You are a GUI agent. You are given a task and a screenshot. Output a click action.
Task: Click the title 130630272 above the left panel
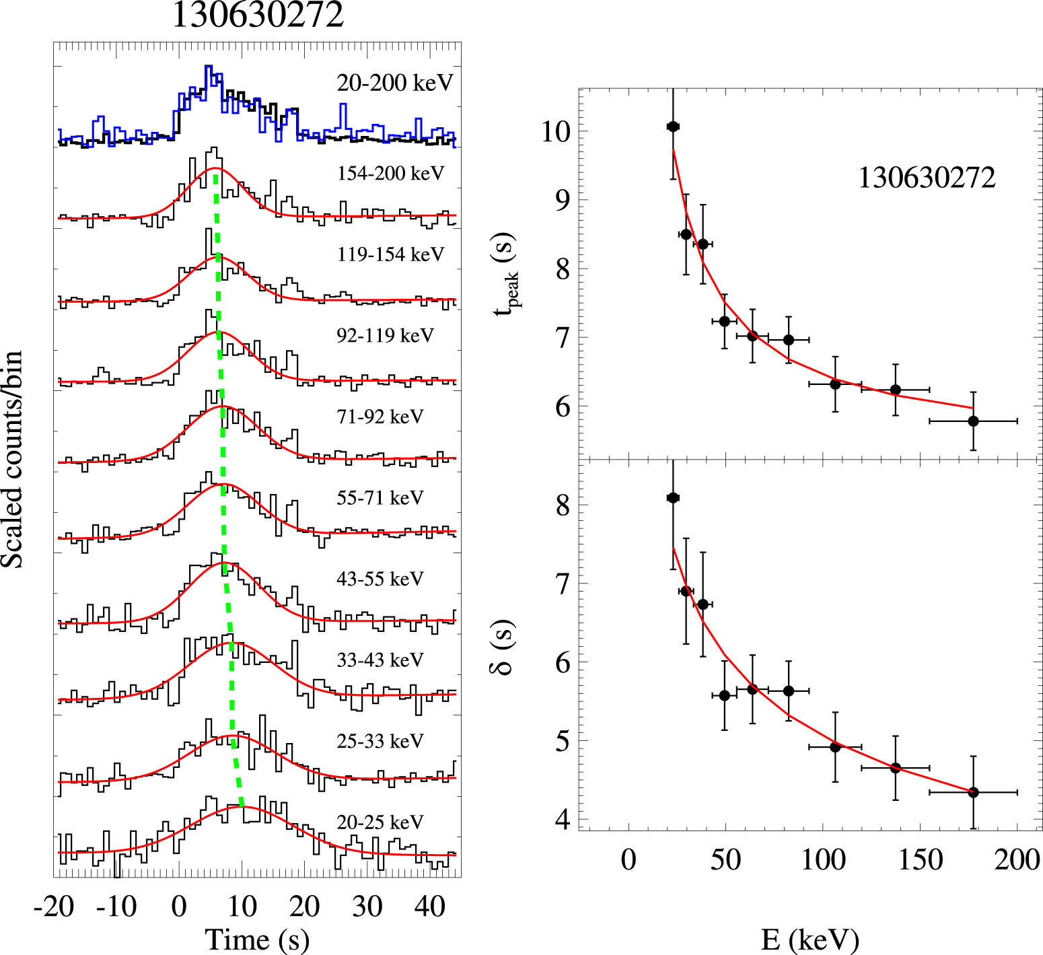tap(258, 15)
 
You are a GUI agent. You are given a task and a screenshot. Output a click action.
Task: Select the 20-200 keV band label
tap(395, 83)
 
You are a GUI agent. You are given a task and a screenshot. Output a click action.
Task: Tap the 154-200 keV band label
tap(391, 174)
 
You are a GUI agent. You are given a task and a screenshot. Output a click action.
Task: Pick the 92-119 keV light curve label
tap(386, 335)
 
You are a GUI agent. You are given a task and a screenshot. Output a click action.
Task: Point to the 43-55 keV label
tap(380, 579)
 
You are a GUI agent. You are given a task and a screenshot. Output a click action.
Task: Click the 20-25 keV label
tap(380, 822)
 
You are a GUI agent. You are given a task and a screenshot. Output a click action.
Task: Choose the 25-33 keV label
tap(380, 741)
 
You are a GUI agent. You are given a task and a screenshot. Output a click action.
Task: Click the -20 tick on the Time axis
tap(54, 907)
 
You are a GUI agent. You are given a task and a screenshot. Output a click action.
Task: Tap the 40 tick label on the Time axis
tap(430, 907)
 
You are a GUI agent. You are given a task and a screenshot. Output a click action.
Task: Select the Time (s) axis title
tap(257, 940)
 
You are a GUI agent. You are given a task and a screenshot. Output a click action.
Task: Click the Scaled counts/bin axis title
tap(12, 459)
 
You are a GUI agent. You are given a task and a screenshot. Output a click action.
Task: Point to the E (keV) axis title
tap(810, 940)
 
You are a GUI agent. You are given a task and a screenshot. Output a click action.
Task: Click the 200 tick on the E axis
tap(1017, 859)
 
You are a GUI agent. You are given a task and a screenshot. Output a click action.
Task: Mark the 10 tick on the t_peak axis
tap(556, 132)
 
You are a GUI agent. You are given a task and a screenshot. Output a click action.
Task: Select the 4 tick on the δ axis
tap(563, 820)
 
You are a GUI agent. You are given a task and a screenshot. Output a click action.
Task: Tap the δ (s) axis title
tap(502, 647)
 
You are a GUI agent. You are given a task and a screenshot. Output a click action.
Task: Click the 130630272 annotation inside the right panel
tap(927, 178)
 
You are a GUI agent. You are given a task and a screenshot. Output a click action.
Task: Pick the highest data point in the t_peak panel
tap(673, 127)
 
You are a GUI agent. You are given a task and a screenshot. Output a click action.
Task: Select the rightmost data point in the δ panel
tap(973, 792)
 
